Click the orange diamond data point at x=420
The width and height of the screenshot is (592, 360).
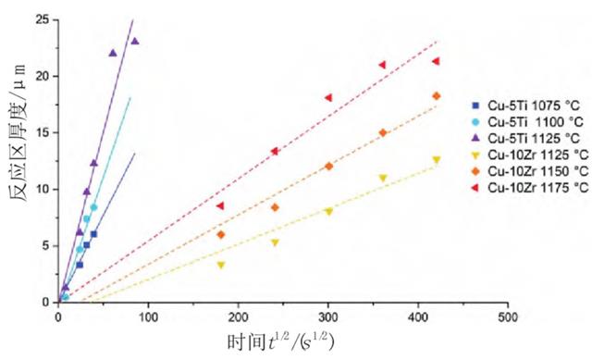click(436, 96)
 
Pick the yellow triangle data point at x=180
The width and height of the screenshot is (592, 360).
click(220, 265)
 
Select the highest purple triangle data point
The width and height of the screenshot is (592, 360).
click(134, 41)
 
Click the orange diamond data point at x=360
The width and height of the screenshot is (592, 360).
click(382, 132)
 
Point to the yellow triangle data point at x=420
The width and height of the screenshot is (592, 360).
click(436, 159)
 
